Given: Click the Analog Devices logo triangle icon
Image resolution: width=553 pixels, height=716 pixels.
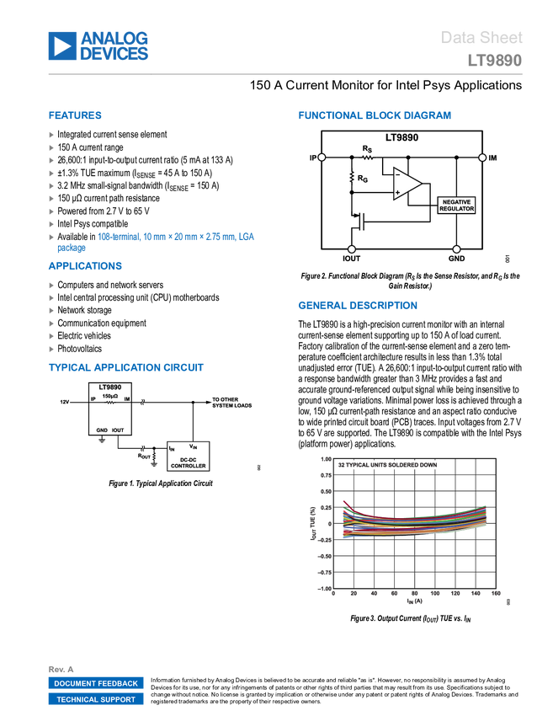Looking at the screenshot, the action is tap(61, 45).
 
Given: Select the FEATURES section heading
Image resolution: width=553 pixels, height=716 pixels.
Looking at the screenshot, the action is tap(75, 116).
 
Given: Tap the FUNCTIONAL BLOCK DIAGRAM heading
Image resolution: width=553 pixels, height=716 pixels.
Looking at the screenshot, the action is tap(375, 115).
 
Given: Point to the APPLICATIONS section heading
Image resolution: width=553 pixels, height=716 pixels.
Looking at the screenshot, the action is tap(85, 266).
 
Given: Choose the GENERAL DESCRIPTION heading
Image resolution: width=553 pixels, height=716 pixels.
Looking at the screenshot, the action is tap(357, 306).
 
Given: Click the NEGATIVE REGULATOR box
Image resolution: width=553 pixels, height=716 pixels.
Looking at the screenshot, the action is tap(456, 205).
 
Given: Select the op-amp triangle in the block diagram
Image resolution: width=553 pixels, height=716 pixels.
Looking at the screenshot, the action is tap(406, 184).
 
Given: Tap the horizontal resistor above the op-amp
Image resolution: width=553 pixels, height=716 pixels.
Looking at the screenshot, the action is tap(367, 157).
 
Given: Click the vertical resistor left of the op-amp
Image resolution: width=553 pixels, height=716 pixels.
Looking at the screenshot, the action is tap(352, 176).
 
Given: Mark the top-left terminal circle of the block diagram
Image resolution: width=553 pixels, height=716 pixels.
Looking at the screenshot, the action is tap(321, 158).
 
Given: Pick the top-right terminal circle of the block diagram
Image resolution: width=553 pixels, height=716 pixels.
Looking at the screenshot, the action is tap(482, 158).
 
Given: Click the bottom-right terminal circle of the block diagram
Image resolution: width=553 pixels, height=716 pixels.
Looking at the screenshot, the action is tap(455, 249).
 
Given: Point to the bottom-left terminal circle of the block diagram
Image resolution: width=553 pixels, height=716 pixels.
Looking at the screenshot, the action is tap(352, 249).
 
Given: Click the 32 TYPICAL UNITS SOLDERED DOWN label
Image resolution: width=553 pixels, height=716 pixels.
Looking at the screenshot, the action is tap(387, 465).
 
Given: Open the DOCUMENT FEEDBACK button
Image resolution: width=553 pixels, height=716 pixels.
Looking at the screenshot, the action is tap(96, 683).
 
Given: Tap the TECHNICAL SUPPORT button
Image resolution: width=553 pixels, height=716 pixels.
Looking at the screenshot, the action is tap(96, 699).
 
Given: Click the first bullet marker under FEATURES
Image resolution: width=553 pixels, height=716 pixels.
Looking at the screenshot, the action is tap(51, 134).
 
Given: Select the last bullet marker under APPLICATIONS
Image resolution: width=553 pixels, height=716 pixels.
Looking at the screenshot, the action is tap(51, 349).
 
